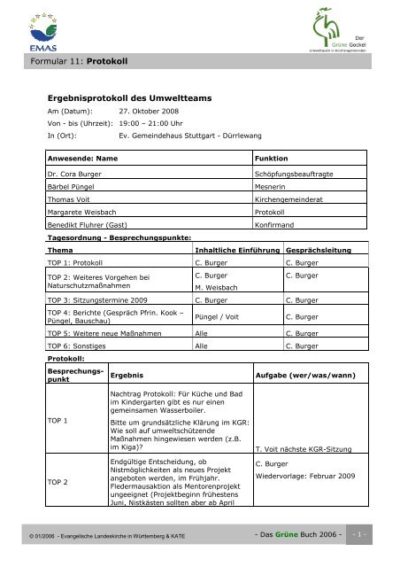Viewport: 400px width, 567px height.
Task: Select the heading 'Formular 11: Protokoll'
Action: [x=74, y=64]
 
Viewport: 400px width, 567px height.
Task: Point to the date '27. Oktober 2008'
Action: [x=148, y=122]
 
